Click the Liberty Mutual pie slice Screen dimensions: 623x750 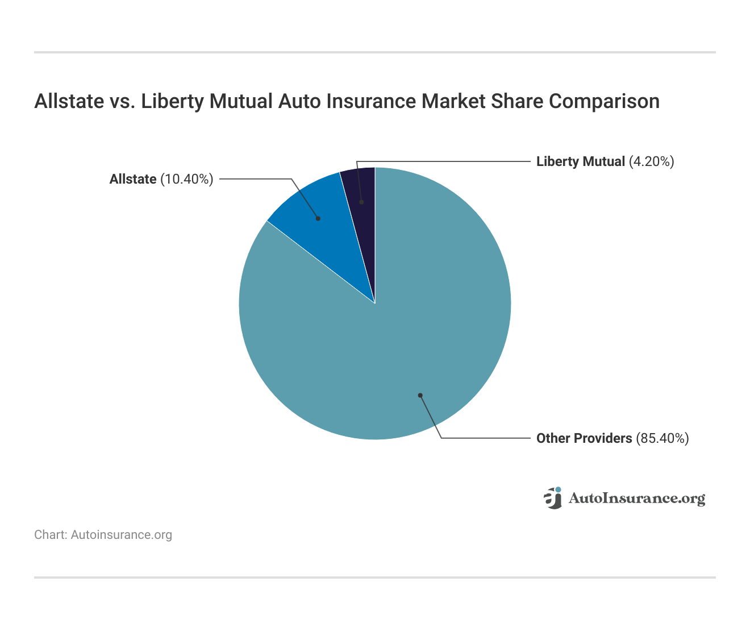362,188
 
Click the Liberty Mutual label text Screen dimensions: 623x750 580,161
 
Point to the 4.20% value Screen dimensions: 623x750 651,161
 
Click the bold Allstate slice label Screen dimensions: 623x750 132,179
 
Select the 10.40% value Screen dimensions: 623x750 187,179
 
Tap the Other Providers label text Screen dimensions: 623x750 584,438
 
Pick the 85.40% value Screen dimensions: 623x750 663,438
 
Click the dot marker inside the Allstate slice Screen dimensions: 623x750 318,218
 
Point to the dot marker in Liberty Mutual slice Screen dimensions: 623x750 361,202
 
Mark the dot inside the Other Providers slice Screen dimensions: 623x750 420,395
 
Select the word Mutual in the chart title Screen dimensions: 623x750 241,101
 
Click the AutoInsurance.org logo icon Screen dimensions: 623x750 553,498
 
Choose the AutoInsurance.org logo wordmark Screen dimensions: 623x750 637,499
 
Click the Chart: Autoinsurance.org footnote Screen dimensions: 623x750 103,535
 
